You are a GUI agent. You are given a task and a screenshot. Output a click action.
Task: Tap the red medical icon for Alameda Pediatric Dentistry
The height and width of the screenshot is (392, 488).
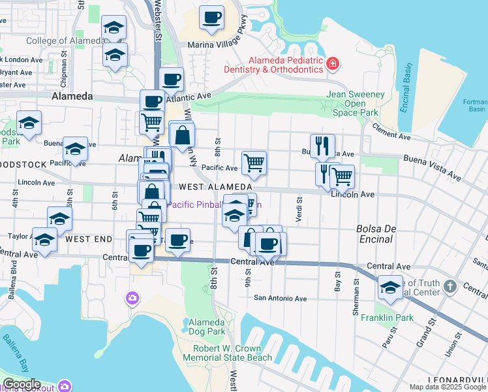coord(333,63)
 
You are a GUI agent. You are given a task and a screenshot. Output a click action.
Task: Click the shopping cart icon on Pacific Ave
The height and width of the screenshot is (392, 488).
coord(254,163)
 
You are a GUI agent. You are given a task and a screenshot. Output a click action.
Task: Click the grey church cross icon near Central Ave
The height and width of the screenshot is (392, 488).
coord(450,286)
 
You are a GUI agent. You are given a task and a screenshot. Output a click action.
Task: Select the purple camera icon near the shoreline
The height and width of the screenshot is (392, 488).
coord(132,298)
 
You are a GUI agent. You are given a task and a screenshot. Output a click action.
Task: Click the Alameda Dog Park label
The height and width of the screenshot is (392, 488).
coord(207,327)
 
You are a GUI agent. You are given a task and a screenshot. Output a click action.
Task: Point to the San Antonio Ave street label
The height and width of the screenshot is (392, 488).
coord(280,299)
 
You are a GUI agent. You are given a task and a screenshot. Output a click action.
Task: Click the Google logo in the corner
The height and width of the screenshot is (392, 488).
coord(21,384)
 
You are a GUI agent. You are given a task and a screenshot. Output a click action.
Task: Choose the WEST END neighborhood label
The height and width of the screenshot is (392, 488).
coord(89,239)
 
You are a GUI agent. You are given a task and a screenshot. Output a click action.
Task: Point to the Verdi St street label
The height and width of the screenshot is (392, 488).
coord(299,210)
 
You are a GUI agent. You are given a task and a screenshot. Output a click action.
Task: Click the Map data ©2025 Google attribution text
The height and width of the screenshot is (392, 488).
coord(448,387)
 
